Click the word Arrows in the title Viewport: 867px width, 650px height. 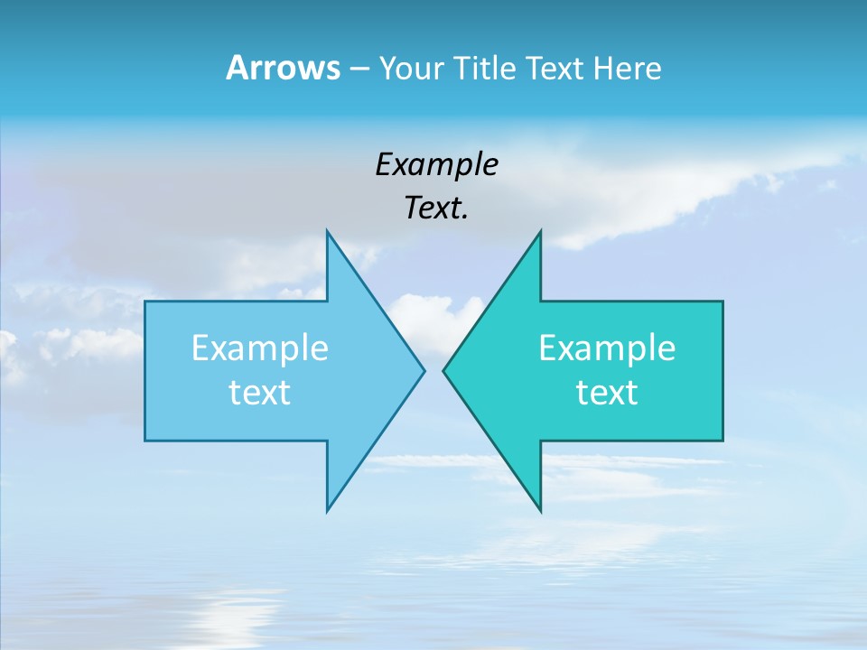tap(283, 68)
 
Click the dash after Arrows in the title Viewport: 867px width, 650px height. tap(359, 69)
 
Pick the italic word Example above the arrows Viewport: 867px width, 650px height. tap(436, 164)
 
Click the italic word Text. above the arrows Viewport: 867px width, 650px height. tap(436, 209)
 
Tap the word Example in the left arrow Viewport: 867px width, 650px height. tap(260, 348)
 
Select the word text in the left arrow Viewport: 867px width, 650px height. tap(260, 393)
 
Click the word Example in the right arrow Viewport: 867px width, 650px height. tap(607, 348)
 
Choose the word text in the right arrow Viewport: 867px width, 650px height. tap(607, 393)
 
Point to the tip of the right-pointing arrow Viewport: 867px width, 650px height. tap(424, 370)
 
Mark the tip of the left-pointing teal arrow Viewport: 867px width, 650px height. tap(443, 370)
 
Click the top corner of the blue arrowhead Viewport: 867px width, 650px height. tap(327, 230)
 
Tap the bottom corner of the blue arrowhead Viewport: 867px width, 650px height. tap(327, 511)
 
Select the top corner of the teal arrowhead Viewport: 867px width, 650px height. tap(540, 230)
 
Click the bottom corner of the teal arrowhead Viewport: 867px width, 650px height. tap(540, 511)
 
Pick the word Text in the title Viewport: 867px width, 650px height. tap(554, 68)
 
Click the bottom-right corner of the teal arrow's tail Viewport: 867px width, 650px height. tap(722, 441)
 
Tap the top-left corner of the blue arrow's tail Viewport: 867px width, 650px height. tap(145, 302)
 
